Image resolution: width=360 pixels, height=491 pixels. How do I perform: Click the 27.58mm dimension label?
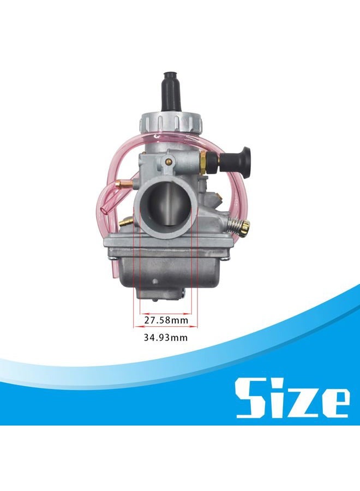tap(166, 320)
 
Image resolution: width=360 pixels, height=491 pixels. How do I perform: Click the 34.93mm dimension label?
tap(166, 338)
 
